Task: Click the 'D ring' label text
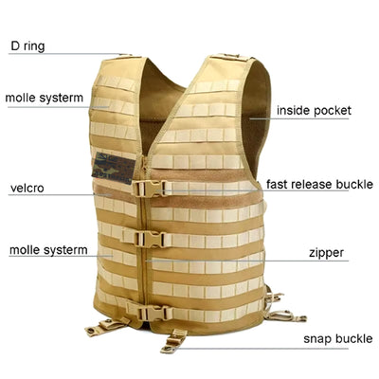[27, 46]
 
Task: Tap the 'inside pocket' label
[314, 111]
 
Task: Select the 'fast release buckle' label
[319, 184]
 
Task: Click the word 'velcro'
[27, 189]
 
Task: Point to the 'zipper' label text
[326, 253]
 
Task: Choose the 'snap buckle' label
[338, 338]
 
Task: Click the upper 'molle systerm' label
[45, 98]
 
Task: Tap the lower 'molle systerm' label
[48, 250]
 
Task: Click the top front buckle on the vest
[149, 189]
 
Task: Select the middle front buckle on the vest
[150, 239]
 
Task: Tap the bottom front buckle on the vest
[153, 313]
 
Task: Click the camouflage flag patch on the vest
[114, 168]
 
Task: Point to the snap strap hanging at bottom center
[173, 341]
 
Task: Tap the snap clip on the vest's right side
[283, 315]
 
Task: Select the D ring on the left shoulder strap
[126, 55]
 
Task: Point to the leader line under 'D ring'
[68, 54]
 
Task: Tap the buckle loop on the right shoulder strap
[230, 56]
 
